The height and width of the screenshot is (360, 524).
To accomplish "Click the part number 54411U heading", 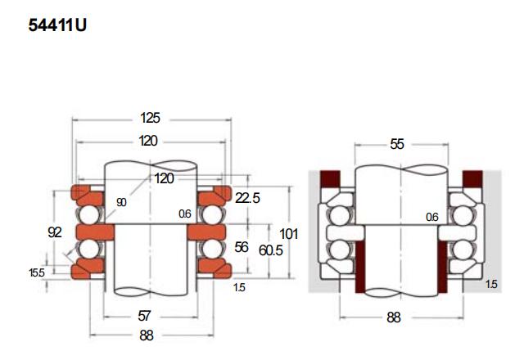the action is [57, 25].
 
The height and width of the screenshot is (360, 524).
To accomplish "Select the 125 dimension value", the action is [150, 118].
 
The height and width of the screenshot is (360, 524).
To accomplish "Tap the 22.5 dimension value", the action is [247, 198].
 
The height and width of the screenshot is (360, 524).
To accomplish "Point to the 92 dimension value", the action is [55, 232].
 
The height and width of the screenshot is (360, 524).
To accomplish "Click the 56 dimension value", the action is [242, 247].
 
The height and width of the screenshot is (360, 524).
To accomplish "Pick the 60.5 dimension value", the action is [271, 250].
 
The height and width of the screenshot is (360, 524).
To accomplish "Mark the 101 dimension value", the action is [289, 234].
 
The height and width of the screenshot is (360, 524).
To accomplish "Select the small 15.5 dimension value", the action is [37, 272].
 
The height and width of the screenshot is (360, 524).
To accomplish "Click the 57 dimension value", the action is [144, 316].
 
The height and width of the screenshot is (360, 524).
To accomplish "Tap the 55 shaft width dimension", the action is [397, 144].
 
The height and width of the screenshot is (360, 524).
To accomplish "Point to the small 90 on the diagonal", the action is [121, 202].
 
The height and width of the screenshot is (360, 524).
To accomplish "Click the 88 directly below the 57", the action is [147, 335].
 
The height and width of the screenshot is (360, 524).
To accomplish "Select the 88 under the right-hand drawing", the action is [394, 317].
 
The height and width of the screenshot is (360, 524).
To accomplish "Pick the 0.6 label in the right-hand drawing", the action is [432, 217].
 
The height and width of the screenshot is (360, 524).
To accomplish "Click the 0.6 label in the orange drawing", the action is [185, 214].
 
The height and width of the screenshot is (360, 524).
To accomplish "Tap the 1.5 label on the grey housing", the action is [491, 284].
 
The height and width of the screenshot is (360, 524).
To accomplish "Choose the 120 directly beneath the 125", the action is [148, 141].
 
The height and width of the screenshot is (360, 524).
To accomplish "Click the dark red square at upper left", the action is [330, 178].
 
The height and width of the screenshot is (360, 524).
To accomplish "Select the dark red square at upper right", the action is [472, 178].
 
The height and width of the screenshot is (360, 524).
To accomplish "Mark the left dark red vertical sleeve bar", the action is [360, 267].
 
